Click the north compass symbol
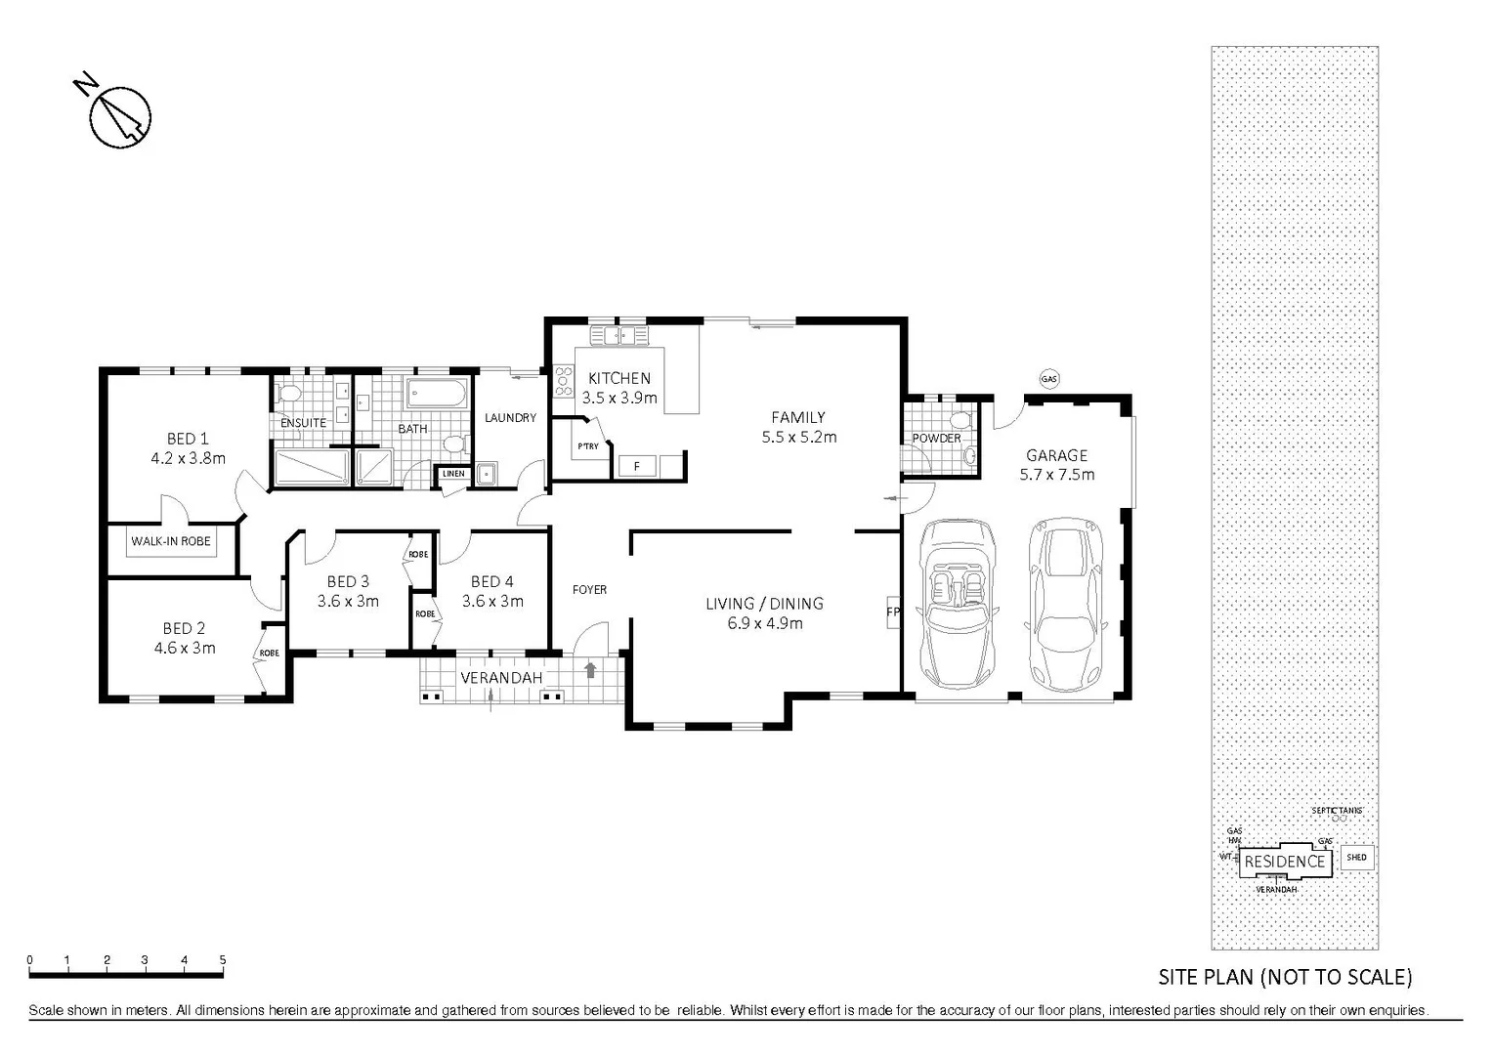(119, 116)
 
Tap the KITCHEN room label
(619, 378)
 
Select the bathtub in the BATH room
(438, 396)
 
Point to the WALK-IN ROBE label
(171, 540)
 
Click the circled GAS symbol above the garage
(1049, 379)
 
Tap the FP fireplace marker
(891, 612)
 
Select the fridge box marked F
(637, 466)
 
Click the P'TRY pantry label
(587, 446)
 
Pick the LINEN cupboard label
(453, 474)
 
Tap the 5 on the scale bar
(223, 959)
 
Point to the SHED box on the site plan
(1356, 858)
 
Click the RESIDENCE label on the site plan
(1284, 861)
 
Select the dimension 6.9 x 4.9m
(764, 623)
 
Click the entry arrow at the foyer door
(589, 670)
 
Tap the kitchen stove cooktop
(563, 380)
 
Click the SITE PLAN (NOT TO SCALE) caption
(1285, 976)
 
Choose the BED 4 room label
(491, 581)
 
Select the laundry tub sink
(486, 474)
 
